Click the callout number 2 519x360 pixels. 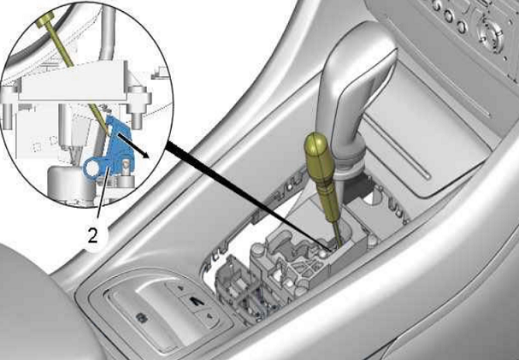tap(92, 236)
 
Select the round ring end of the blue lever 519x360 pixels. tap(91, 168)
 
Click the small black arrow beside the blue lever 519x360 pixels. tap(133, 146)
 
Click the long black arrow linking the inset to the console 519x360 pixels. tap(249, 196)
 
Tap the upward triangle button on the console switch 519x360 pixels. tap(180, 287)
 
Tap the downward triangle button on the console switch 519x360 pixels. tap(209, 316)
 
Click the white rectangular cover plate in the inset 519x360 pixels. tap(72, 81)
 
